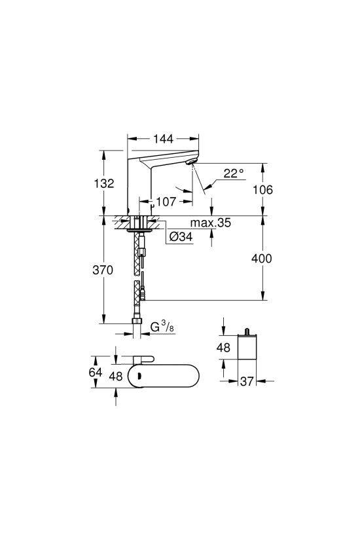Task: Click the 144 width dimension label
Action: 163,139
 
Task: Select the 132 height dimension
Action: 104,183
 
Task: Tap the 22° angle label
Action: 234,173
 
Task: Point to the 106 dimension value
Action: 263,189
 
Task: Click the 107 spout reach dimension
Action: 166,202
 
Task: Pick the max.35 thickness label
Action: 211,223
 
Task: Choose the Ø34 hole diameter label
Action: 181,236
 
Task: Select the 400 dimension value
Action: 262,258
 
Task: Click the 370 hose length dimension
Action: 103,270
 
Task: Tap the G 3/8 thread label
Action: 162,327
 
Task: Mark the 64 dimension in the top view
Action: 96,371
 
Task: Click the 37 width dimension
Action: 246,381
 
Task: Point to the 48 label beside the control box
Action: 223,348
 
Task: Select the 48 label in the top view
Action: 116,376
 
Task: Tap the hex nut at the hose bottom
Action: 137,322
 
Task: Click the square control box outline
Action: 247,347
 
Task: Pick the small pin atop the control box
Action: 246,331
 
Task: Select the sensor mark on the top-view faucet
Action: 139,377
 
